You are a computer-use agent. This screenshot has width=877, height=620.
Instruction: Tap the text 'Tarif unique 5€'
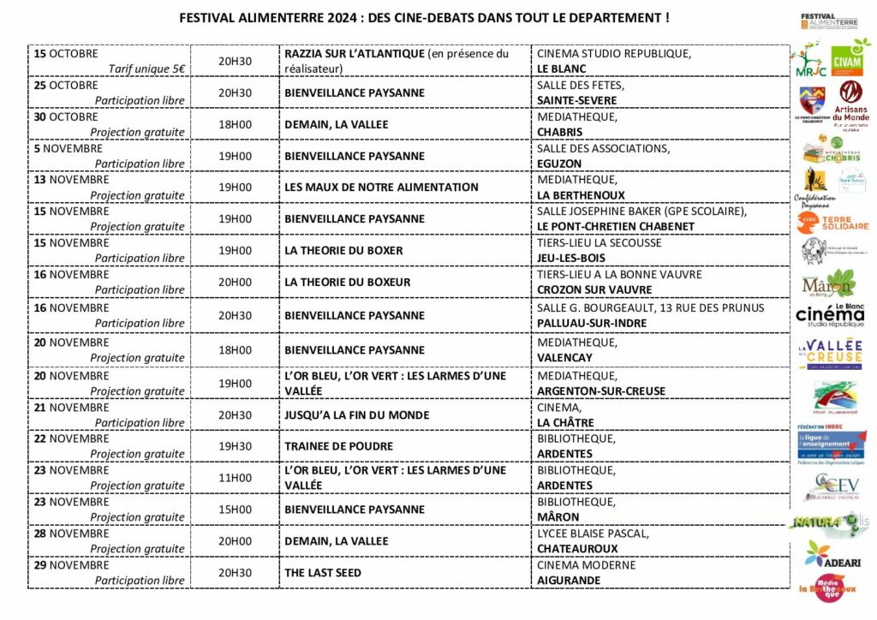[x=148, y=69]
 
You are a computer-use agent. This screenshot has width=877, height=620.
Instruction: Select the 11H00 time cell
[x=236, y=478]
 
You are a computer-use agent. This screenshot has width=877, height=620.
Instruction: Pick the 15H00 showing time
[x=236, y=510]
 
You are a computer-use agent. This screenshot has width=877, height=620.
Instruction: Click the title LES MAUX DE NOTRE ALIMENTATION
[x=382, y=187]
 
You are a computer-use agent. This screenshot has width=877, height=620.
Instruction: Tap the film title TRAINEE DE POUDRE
[x=339, y=446]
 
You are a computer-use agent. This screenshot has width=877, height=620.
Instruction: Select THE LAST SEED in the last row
[x=323, y=572]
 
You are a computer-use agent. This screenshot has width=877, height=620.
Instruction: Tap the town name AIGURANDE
[x=569, y=581]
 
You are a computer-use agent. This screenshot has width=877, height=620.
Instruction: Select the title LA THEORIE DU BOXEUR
[x=348, y=282]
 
